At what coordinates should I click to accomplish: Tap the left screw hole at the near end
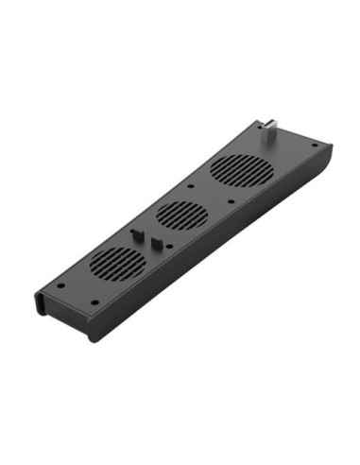click(60, 284)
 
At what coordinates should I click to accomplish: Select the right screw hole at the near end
click(95, 301)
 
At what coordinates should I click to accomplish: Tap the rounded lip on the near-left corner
click(40, 301)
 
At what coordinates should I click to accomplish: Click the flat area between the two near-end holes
click(77, 293)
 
